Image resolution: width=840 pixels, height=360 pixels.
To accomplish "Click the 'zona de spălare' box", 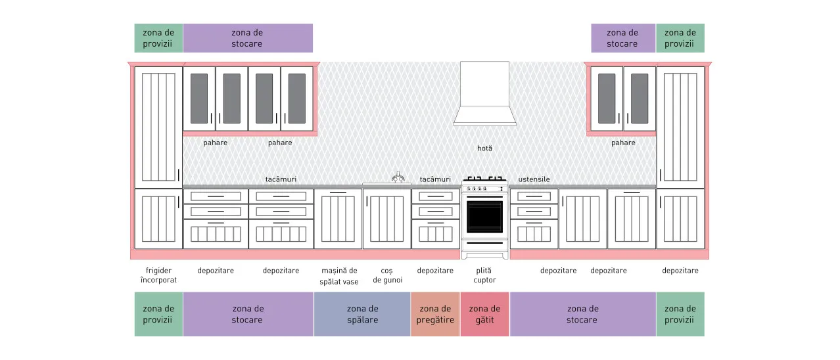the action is (362, 314).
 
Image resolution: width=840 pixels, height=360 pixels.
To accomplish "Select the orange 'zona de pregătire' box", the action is (435, 314).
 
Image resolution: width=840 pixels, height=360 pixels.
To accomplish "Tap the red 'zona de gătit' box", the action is (484, 314).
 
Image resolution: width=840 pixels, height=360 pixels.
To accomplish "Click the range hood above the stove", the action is (484, 94).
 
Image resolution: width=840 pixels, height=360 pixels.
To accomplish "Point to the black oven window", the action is (484, 217).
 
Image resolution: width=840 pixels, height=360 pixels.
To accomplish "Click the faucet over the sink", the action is (398, 177).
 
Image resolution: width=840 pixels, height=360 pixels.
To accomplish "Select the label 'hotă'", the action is (484, 148).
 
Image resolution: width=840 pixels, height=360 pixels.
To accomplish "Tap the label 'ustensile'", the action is (534, 179).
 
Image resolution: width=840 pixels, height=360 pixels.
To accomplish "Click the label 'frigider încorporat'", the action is (158, 275).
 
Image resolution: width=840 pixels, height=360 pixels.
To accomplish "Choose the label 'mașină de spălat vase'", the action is (339, 276).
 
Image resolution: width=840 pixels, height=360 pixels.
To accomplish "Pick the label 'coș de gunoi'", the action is (387, 275).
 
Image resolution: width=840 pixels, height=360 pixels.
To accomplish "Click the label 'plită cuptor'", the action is (484, 275).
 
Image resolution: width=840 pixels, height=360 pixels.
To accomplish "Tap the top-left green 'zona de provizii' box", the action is (158, 38).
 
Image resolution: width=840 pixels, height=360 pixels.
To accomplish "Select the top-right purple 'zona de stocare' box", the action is (623, 38).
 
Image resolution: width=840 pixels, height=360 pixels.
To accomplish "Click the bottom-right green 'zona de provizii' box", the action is (680, 314).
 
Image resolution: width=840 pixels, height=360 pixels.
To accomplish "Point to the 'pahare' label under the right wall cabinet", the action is (623, 143).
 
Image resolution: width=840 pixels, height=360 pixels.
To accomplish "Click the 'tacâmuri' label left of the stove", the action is (435, 179).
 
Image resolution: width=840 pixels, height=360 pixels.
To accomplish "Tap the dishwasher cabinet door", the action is (338, 219).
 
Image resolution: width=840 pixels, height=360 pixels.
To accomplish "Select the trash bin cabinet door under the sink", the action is (387, 219).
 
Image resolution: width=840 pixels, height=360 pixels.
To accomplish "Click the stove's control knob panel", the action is (484, 189).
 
